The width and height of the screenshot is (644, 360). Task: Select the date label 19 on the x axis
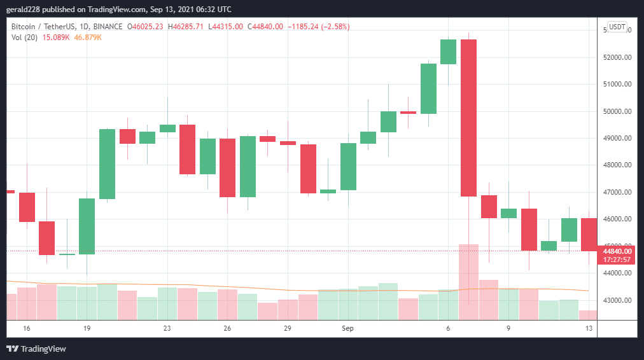pos(87,328)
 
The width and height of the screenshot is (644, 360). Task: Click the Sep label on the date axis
pos(347,328)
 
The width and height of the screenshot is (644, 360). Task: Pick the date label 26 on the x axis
pos(227,328)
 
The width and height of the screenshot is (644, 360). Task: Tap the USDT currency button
pos(617,27)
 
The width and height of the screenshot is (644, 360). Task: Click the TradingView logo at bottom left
pos(36,349)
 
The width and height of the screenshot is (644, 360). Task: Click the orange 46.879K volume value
pos(88,38)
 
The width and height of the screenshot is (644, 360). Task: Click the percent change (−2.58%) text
pos(332,27)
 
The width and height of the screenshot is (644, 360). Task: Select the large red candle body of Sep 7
pos(468,118)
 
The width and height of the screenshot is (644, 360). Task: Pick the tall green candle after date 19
pos(107,164)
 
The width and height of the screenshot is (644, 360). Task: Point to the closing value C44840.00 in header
pos(265,27)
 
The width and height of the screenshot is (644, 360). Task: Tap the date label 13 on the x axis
pos(589,328)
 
